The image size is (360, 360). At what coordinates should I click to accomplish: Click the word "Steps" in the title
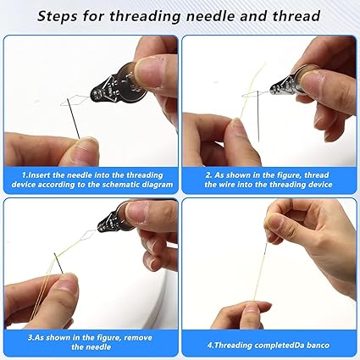tap(57, 16)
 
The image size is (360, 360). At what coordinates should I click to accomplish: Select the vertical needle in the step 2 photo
tap(258, 116)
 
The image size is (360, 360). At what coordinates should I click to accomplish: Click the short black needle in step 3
tap(58, 263)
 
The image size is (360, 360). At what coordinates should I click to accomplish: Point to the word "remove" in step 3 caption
tap(138, 337)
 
